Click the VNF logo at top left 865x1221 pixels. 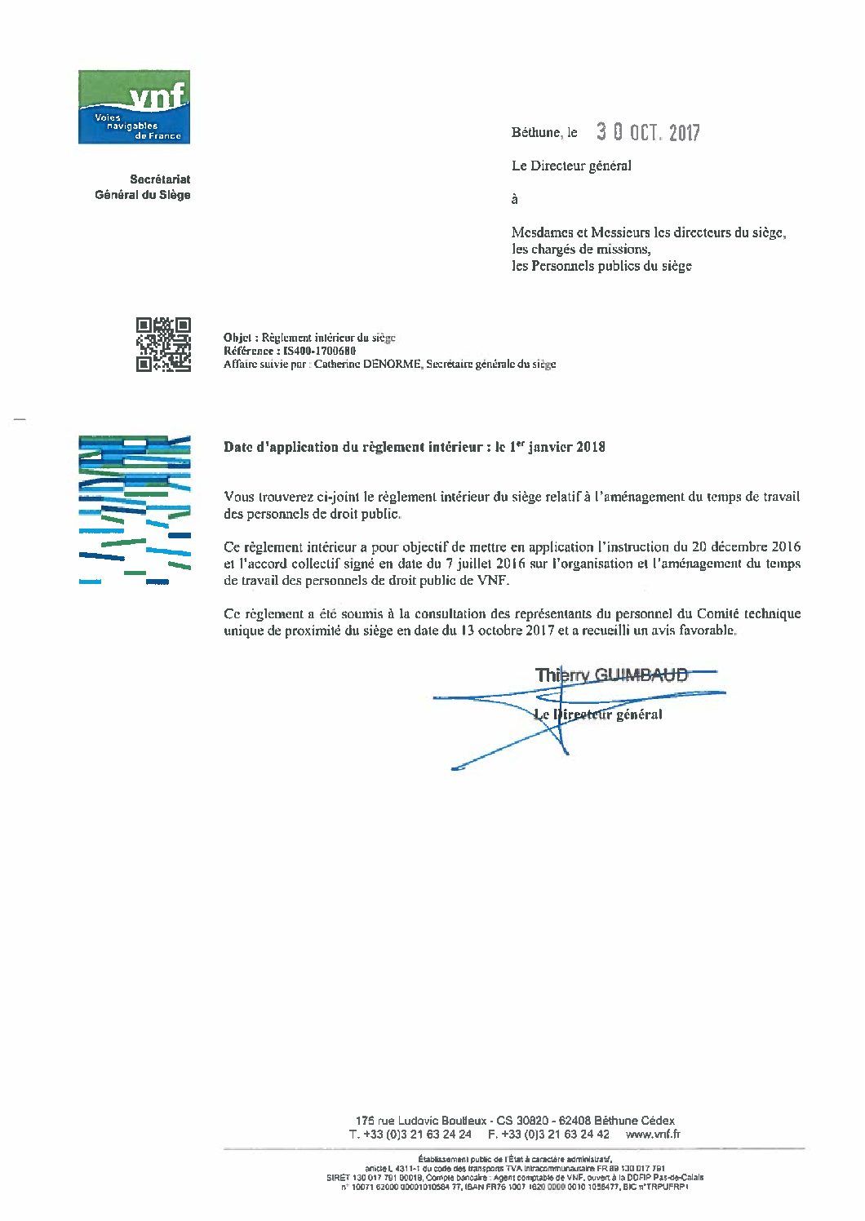(134, 107)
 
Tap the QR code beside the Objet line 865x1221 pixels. (163, 344)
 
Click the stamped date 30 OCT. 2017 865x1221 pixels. (648, 132)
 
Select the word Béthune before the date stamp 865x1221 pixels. (535, 132)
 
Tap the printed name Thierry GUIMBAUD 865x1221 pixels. (611, 675)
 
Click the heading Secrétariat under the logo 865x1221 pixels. (160, 179)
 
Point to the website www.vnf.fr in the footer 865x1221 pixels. (653, 1134)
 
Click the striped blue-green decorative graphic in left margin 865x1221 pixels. (135, 511)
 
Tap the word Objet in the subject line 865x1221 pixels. (237, 338)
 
